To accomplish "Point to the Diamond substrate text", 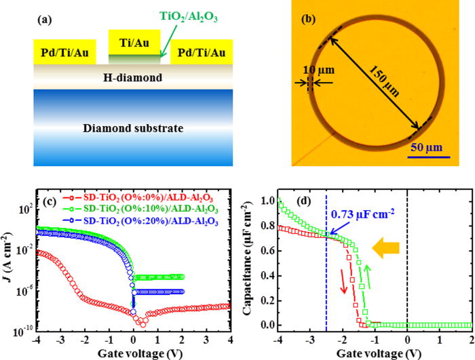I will (133, 127).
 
